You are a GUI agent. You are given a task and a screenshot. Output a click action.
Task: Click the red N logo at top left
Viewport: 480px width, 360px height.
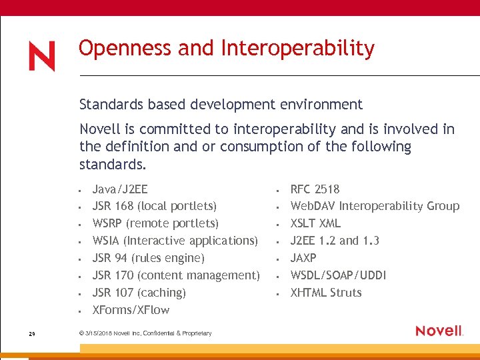tap(41, 56)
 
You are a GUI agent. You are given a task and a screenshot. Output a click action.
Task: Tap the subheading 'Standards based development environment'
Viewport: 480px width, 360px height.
tap(221, 105)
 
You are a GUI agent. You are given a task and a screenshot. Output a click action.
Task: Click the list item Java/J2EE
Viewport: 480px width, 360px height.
tap(120, 189)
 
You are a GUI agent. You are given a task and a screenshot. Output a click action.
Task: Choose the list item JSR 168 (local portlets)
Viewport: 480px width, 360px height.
tap(154, 206)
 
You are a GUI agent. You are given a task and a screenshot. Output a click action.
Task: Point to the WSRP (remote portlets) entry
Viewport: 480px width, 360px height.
tap(155, 223)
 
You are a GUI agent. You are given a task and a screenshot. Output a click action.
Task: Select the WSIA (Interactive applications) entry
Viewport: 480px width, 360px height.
tap(175, 241)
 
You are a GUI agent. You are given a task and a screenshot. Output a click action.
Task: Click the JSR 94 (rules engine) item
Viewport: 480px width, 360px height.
tap(148, 258)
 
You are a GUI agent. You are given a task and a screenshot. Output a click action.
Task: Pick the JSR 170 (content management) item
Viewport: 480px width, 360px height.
tap(176, 275)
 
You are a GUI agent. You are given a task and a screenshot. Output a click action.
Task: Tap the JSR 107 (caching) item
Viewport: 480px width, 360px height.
tap(139, 293)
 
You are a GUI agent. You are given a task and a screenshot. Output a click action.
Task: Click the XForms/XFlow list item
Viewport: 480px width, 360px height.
tap(131, 310)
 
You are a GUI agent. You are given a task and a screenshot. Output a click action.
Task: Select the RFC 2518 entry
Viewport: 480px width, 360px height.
tap(315, 189)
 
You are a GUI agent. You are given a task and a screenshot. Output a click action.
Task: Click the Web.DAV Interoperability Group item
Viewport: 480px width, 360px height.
tap(375, 206)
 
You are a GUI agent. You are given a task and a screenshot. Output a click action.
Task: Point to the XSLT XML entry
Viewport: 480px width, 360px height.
tap(315, 223)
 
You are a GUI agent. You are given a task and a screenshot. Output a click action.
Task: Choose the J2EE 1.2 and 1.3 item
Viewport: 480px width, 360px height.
tap(335, 241)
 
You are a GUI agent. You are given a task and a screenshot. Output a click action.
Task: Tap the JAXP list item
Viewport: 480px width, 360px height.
tap(303, 258)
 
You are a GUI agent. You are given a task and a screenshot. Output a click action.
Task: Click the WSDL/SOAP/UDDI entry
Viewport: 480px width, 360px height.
tap(338, 275)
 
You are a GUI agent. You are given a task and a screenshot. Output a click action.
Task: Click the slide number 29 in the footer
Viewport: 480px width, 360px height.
tap(31, 333)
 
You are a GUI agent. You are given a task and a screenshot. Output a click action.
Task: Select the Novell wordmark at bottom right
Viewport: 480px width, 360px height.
tap(439, 331)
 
